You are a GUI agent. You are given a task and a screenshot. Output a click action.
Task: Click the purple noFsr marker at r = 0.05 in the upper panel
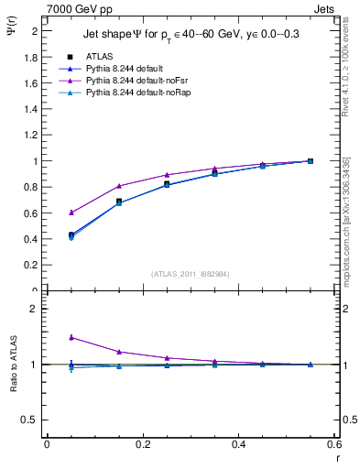[x=71, y=212]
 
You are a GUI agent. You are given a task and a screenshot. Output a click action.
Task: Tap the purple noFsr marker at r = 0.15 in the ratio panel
[x=118, y=351]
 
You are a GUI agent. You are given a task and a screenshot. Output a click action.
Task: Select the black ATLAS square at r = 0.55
[x=310, y=161]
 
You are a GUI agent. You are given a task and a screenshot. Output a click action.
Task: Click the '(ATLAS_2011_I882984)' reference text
[x=191, y=273]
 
